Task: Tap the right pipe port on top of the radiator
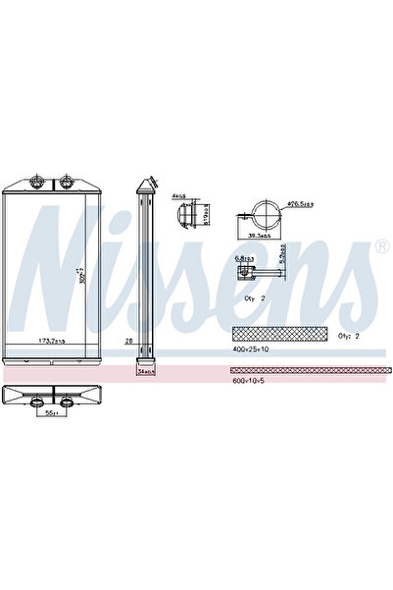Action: [67, 181]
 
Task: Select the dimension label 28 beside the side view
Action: [128, 340]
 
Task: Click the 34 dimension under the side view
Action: [147, 372]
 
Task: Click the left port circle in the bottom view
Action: [40, 401]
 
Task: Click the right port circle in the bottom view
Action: [67, 401]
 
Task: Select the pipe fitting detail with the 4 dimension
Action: [193, 212]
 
